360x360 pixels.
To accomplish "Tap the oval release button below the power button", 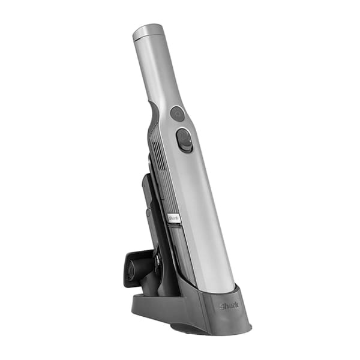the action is pos(184,140).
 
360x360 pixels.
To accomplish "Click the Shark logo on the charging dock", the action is pos(229,306).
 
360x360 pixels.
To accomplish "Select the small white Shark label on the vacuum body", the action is pos(173,218).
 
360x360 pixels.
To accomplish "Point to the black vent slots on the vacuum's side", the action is pos(158,155).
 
